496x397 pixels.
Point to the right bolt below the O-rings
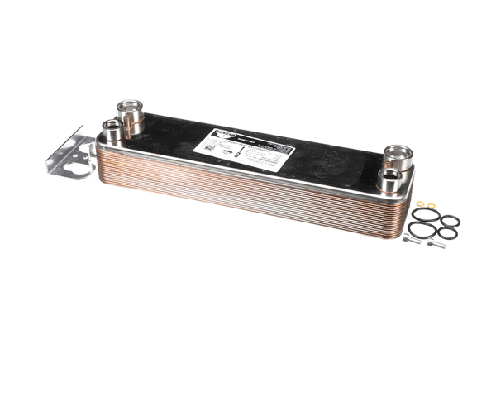pyautogui.click(x=436, y=244)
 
